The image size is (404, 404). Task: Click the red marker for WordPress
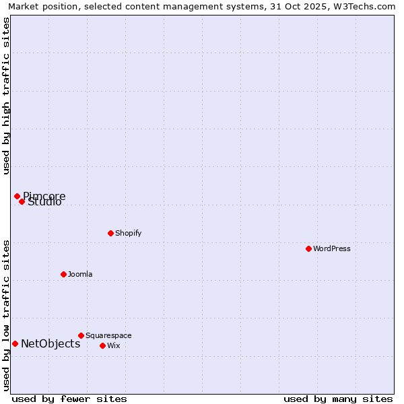(x=308, y=248)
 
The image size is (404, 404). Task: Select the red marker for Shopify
(x=110, y=233)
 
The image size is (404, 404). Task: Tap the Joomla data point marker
(x=63, y=274)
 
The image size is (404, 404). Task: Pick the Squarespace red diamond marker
(x=81, y=335)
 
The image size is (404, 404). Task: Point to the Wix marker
(x=102, y=345)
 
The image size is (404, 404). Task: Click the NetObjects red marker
(x=15, y=343)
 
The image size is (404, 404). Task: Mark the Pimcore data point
(x=17, y=196)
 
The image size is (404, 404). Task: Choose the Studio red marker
(x=22, y=201)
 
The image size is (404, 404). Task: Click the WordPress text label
(x=332, y=248)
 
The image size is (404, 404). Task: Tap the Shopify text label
(x=128, y=233)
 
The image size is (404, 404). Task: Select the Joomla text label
(x=80, y=274)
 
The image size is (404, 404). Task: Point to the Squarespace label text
(x=108, y=335)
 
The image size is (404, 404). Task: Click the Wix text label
(x=113, y=345)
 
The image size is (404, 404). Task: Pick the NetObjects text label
(x=50, y=343)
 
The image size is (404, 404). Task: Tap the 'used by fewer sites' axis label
(x=69, y=399)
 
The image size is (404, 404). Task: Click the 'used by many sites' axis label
(x=338, y=399)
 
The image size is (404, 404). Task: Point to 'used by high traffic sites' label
(x=6, y=96)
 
